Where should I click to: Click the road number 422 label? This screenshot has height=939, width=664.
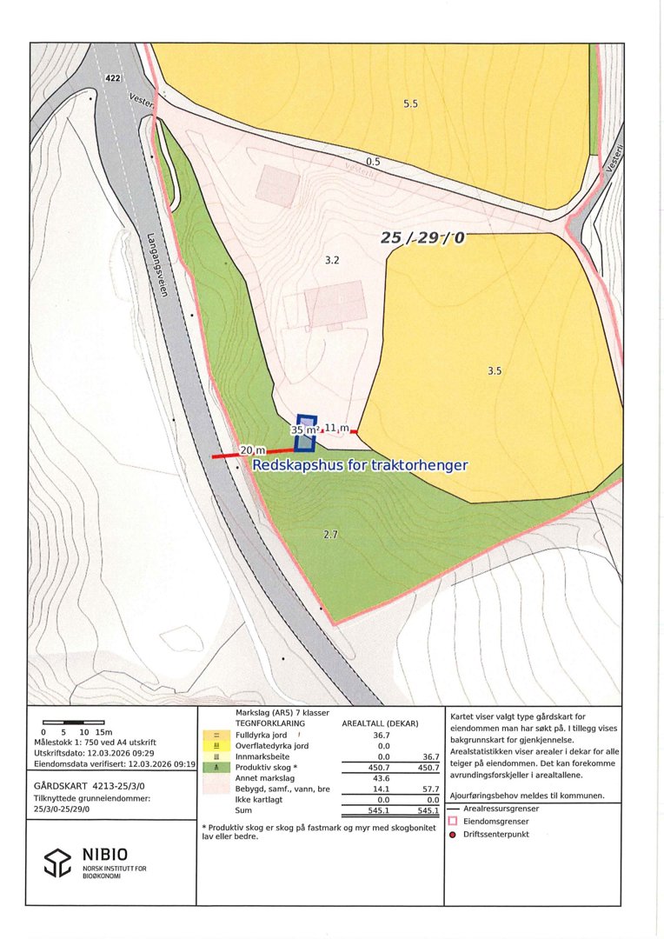coord(112,78)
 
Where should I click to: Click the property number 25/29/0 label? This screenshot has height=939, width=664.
coord(423,237)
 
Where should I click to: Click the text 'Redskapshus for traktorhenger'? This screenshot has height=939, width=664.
coord(360,465)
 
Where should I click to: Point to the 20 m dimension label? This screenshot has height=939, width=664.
coord(253,450)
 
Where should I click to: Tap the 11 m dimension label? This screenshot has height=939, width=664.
coord(336,428)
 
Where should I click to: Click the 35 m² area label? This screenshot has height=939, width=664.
coord(303,430)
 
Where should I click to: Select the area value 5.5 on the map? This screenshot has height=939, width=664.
coord(410,103)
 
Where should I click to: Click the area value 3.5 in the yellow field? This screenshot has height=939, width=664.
coord(495,370)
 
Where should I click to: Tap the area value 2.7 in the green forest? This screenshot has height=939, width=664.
coord(330,535)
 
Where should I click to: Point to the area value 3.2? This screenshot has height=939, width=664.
coord(331,260)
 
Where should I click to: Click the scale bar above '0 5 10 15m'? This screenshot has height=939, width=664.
coord(73,723)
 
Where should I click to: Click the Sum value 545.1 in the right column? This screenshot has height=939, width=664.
coord(427,810)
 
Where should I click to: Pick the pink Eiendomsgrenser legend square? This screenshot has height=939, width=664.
coord(452,820)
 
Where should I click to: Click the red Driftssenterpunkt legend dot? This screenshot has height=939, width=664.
coord(452,835)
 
